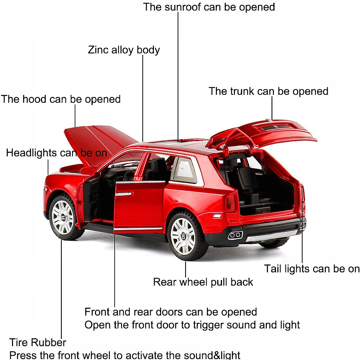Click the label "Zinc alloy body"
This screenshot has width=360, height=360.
124,50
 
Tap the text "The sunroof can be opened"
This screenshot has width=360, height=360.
209,7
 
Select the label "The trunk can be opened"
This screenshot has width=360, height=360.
268,91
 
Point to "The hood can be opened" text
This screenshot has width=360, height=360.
61,99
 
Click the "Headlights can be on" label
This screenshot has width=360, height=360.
56,153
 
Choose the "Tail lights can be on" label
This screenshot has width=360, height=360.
311,269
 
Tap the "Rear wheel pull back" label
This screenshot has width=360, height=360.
203,282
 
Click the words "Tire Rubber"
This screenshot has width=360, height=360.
37,342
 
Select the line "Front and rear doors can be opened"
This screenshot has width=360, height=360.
170,312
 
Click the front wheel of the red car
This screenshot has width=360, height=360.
63,217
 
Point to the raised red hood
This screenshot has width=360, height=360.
99,141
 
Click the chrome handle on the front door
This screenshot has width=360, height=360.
124,194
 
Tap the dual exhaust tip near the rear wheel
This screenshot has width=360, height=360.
235,235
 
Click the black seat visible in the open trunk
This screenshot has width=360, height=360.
246,180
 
